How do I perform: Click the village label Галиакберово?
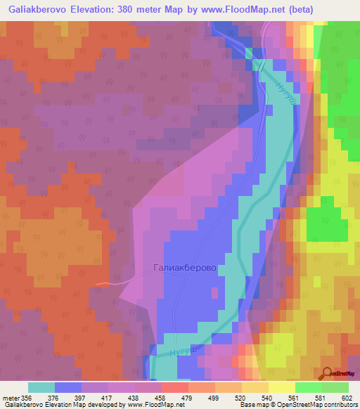(184, 268)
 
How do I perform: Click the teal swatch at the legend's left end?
(41, 387)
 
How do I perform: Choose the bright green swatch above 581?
(309, 387)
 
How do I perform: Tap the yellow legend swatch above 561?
(282, 387)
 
